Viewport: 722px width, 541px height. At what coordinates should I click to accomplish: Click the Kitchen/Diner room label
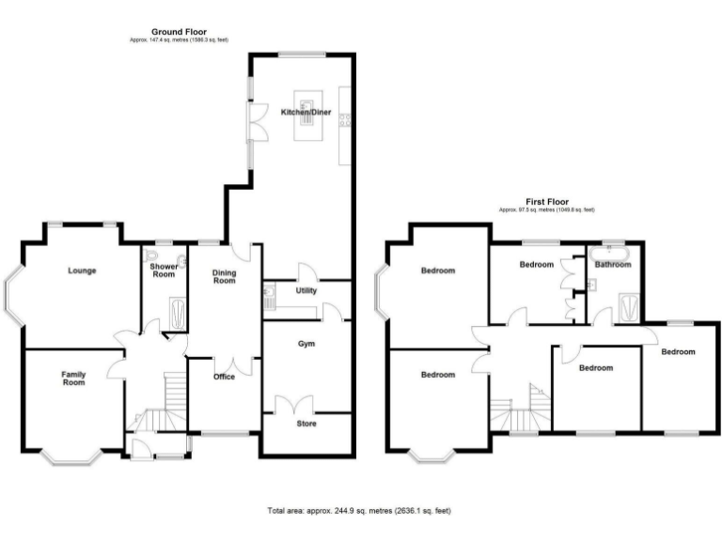[306, 112]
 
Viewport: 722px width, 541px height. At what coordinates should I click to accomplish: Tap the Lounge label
[82, 270]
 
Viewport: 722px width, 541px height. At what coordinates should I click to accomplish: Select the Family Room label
[73, 379]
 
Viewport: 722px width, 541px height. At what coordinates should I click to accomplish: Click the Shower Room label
[165, 270]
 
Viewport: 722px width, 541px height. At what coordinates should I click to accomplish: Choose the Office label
[224, 377]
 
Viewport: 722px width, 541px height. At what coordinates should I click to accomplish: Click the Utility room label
[306, 291]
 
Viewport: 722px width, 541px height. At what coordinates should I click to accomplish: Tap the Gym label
[306, 344]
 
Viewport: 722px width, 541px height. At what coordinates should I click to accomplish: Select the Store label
[306, 424]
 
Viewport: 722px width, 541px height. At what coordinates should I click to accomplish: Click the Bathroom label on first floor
[613, 265]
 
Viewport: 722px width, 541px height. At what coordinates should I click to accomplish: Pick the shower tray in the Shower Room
[176, 314]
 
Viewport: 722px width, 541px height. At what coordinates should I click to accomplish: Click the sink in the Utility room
[268, 299]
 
